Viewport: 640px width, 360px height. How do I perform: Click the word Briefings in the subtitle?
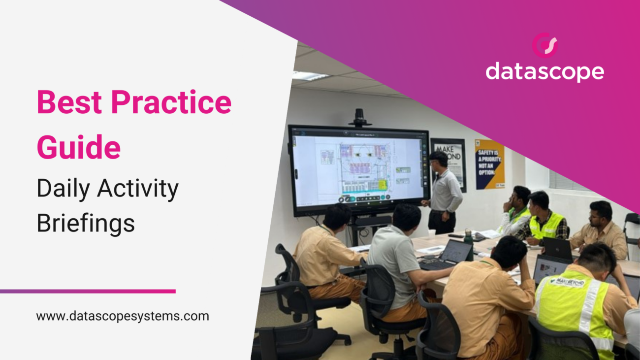click(86, 224)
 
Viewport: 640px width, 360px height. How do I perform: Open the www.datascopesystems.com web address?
click(123, 316)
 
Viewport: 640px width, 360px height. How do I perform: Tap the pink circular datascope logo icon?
click(544, 45)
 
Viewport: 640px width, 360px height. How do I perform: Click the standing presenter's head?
click(438, 159)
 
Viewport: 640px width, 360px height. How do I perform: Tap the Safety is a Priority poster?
click(489, 164)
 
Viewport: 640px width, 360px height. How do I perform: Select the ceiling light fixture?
click(310, 76)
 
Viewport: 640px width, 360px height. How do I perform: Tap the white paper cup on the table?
click(431, 233)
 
